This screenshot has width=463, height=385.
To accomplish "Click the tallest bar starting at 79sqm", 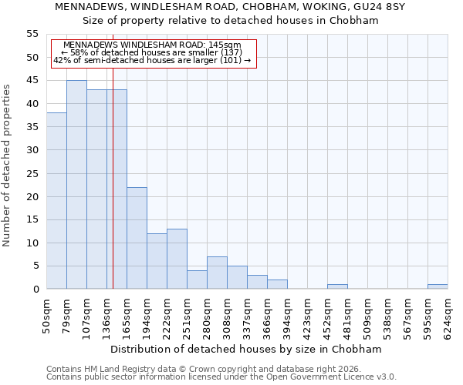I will click(x=76, y=185).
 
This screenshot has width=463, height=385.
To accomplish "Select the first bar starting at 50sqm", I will click(x=56, y=201).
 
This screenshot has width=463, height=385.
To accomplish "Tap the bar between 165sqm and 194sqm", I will click(x=137, y=238).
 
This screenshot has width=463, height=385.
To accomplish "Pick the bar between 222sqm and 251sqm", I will click(x=177, y=259).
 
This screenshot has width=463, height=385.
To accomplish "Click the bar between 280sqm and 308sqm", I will click(x=217, y=273).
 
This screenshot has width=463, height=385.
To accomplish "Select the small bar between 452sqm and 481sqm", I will click(x=337, y=286).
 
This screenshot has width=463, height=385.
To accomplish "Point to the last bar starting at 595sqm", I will click(x=438, y=286).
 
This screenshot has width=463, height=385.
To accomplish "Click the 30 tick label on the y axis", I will click(x=32, y=150).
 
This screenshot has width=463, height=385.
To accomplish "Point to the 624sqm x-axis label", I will click(x=448, y=318).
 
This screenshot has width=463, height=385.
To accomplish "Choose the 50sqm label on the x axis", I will click(x=46, y=318).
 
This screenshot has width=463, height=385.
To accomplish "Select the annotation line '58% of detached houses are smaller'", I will click(x=151, y=52).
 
